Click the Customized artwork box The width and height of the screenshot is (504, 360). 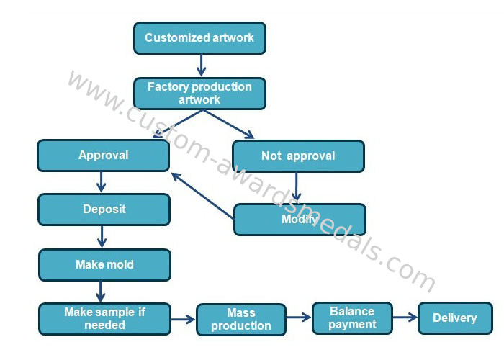199,37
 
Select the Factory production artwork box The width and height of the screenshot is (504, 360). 199,93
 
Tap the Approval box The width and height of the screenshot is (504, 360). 103,156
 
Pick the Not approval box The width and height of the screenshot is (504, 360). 298,156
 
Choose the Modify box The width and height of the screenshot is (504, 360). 300,220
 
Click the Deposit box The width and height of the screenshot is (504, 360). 104,210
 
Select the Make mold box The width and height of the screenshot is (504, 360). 104,265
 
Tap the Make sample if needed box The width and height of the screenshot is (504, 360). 104,319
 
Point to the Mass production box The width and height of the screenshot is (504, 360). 240,320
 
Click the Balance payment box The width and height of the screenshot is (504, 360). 352,318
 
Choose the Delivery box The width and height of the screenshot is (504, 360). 455,318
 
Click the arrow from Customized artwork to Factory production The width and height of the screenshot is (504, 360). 201,66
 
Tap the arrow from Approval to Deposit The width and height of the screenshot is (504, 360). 102,182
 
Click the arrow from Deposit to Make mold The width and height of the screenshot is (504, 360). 102,237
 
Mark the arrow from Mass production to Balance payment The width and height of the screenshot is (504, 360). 298,317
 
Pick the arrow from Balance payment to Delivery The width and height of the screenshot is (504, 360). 405,317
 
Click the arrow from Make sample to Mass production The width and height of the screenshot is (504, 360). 183,319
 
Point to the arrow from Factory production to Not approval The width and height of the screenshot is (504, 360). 229,124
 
